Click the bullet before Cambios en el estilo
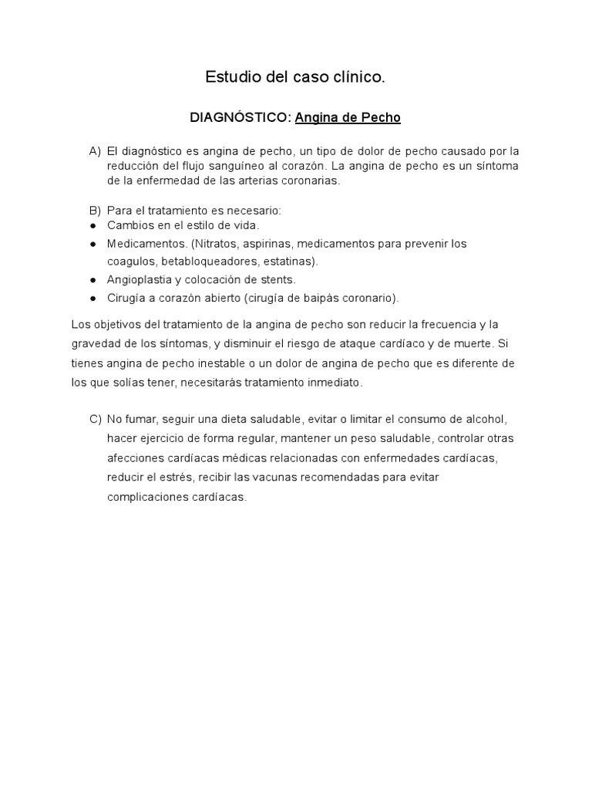(x=92, y=225)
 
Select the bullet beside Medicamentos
(x=92, y=244)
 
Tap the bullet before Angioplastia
(x=92, y=280)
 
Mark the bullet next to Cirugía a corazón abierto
(x=92, y=299)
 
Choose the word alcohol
(x=483, y=420)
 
